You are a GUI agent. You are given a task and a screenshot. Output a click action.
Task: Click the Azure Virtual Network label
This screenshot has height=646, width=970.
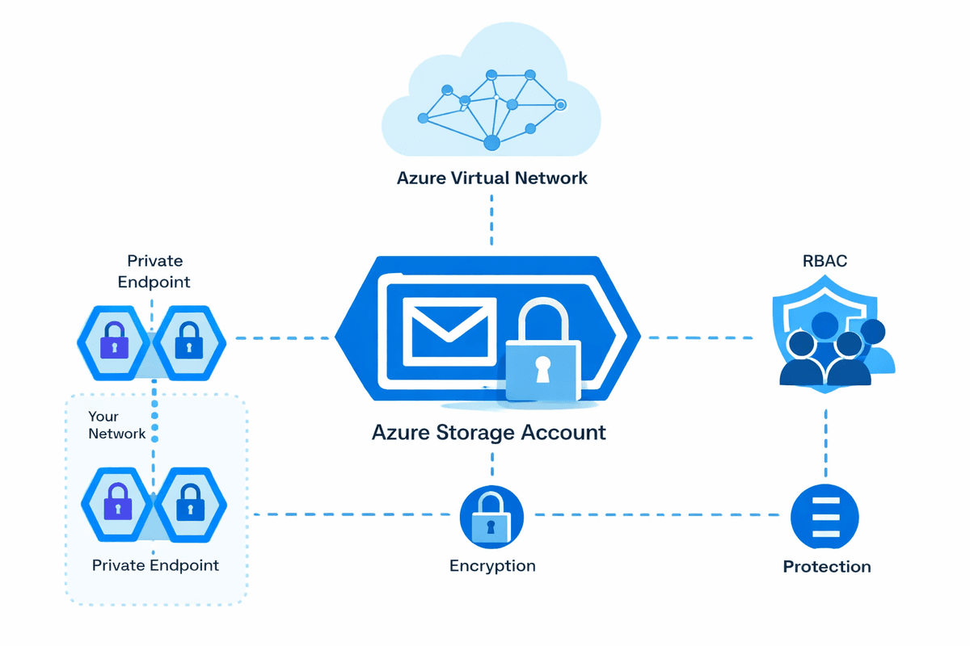click(x=491, y=178)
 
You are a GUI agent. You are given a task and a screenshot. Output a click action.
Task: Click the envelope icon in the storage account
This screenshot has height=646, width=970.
click(x=450, y=327)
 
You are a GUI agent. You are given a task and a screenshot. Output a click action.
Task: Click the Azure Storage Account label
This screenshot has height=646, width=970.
click(x=488, y=432)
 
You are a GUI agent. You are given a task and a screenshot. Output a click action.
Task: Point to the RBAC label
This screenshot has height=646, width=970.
click(x=826, y=262)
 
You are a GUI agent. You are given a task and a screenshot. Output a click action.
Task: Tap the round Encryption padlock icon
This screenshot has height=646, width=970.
click(x=491, y=517)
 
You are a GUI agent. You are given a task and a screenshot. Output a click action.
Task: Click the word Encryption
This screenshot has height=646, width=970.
click(x=492, y=565)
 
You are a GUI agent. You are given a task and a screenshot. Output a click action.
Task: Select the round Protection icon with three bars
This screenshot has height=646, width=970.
click(x=824, y=517)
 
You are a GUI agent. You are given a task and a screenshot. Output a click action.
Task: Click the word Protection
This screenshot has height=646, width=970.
click(x=826, y=567)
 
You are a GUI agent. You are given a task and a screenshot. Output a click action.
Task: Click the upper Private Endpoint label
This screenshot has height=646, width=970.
click(x=154, y=271)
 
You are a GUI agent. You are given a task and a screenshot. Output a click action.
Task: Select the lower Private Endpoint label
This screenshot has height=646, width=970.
click(x=155, y=564)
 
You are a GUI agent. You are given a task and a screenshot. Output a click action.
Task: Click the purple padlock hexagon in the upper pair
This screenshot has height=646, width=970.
click(x=115, y=342)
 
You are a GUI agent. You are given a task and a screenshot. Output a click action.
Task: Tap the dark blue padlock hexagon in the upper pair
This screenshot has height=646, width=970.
click(x=189, y=342)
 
